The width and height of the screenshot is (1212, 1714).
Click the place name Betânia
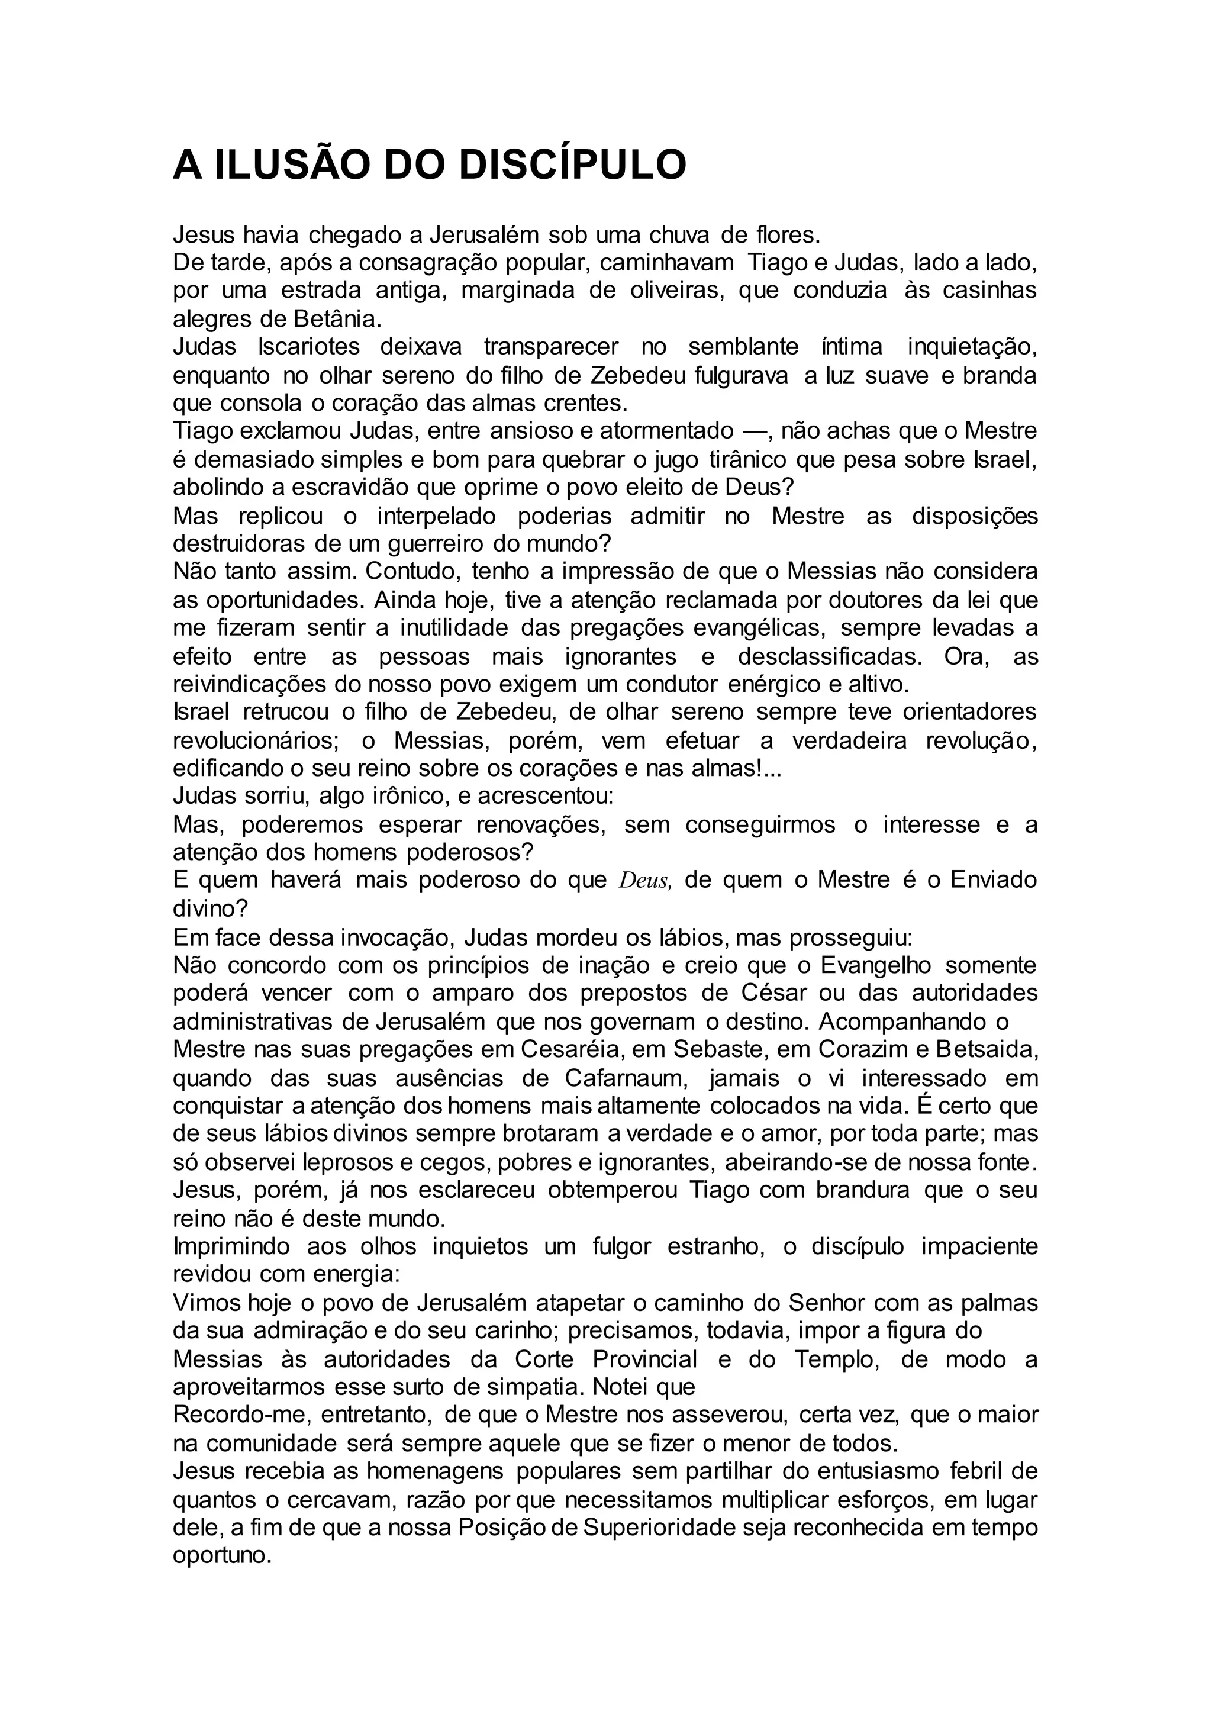click(x=337, y=319)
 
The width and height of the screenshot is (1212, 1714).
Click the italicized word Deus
click(x=646, y=881)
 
